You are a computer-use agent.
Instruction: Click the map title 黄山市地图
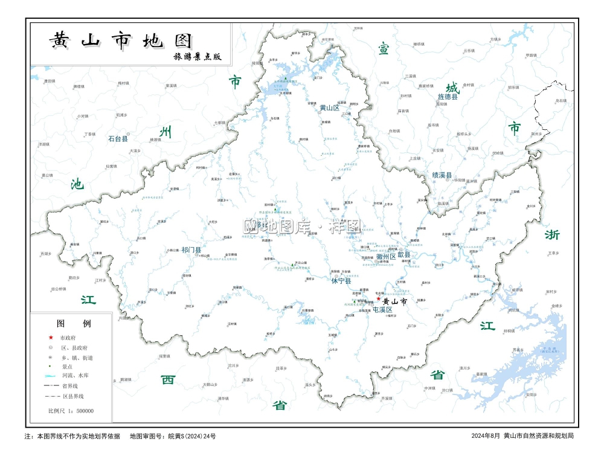pos(121,40)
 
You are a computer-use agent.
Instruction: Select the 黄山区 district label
pos(330,108)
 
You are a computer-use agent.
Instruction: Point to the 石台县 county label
pos(118,138)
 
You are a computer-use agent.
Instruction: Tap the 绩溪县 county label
pos(442,175)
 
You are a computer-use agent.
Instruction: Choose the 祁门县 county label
pos(191,249)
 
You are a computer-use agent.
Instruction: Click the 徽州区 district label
pos(385,256)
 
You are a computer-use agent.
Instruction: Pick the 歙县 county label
pos(404,255)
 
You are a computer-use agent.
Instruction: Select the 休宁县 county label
pos(341,280)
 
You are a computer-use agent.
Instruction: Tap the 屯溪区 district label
pos(382,310)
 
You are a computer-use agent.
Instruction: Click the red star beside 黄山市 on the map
pos(379,298)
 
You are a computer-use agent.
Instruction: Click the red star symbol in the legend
pos(51,338)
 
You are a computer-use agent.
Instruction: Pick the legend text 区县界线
pos(73,396)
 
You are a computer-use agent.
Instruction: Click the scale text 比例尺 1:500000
pos(71,411)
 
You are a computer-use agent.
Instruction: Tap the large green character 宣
pos(384,49)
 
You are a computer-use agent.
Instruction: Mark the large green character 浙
pos(551,234)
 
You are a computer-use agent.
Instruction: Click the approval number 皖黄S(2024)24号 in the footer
pos(191,435)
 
